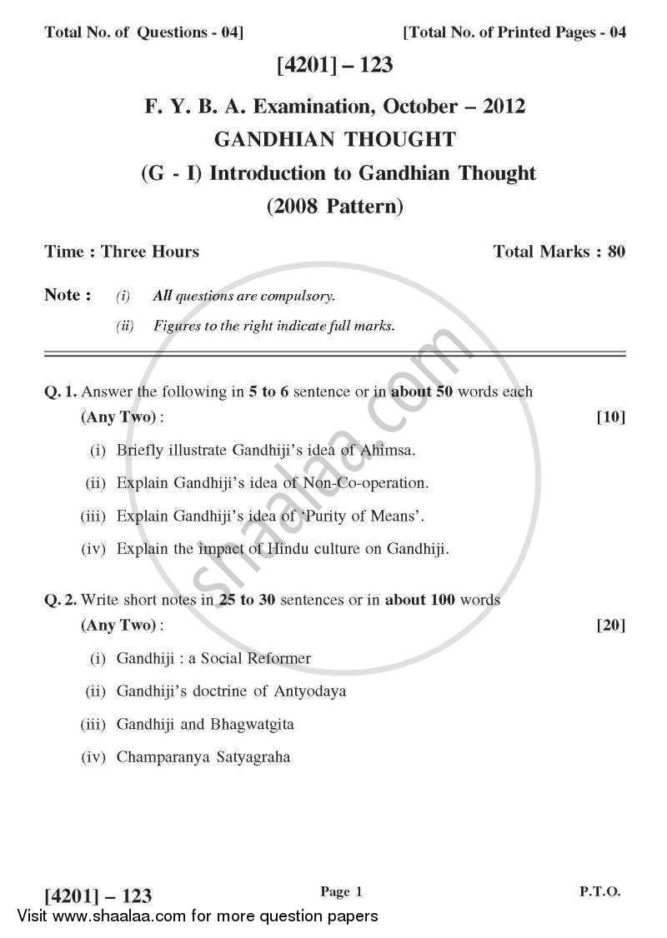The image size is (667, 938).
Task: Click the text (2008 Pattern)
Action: click(334, 206)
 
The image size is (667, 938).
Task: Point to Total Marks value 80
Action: click(616, 251)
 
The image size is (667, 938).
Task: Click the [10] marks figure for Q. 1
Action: click(611, 417)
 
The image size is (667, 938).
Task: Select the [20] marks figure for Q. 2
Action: click(611, 625)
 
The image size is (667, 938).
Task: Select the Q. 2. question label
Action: click(60, 600)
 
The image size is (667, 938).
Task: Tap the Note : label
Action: click(68, 295)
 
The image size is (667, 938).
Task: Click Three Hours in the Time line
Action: click(150, 251)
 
